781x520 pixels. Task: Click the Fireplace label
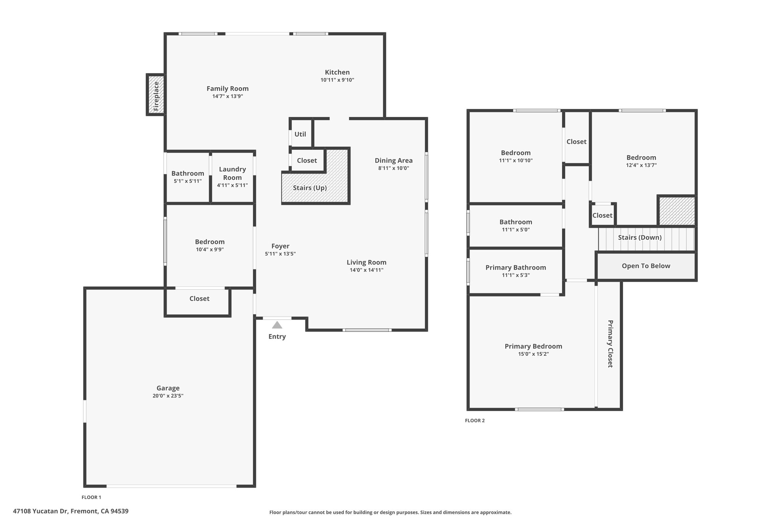156,96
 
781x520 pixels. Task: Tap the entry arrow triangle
277,325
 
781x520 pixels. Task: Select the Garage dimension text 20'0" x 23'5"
168,396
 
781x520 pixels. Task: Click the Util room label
300,134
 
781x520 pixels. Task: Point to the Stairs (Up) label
310,188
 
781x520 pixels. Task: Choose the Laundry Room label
232,173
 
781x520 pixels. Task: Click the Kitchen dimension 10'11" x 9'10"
337,80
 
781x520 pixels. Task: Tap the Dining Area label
394,160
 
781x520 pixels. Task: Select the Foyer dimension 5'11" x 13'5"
280,254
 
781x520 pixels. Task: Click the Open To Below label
646,266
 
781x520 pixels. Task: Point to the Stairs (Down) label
640,237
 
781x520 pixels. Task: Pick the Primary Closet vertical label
610,344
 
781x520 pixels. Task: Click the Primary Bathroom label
516,267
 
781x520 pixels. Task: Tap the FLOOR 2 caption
475,421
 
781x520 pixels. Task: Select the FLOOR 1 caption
92,497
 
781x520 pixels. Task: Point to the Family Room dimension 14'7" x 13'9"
228,96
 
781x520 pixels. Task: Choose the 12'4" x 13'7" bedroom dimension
641,165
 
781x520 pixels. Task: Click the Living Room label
366,262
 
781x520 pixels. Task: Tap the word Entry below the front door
277,337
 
